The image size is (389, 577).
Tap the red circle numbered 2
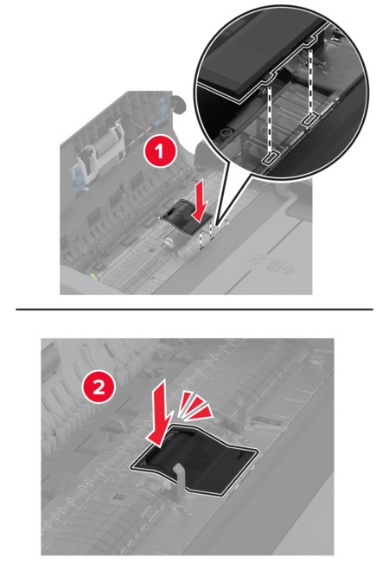(99, 389)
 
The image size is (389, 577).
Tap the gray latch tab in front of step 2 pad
(180, 479)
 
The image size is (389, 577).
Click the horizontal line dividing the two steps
(194, 310)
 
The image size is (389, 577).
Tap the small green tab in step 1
(94, 275)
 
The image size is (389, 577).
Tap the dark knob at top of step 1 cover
(179, 103)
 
